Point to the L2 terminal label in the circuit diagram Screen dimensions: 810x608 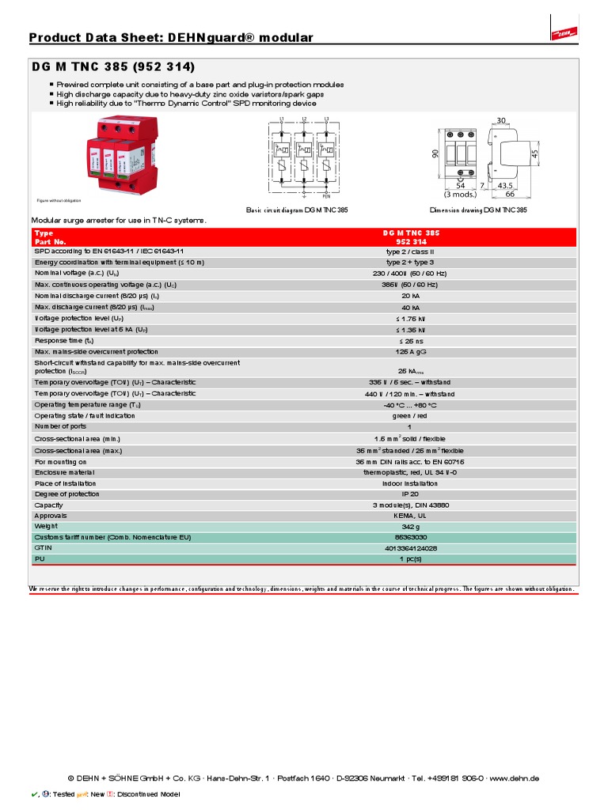(304, 119)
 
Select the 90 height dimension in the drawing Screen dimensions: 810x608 (435, 153)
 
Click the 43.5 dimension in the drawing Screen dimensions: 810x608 (505, 185)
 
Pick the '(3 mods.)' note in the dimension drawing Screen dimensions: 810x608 (460, 194)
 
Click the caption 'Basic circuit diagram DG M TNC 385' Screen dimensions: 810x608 (297, 210)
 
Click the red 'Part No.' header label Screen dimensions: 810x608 (49, 241)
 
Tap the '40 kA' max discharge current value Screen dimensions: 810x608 (409, 308)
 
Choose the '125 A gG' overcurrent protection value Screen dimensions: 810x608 (409, 352)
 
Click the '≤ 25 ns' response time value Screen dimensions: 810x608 (409, 341)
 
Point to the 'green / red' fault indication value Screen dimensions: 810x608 (409, 415)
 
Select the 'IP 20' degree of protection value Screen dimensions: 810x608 (409, 494)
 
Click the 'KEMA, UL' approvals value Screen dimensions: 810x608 (409, 515)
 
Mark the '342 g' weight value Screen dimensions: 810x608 (409, 526)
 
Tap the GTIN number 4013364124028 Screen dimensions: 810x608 (409, 547)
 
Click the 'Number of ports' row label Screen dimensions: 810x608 (60, 426)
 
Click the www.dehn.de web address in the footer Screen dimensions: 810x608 (515, 778)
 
